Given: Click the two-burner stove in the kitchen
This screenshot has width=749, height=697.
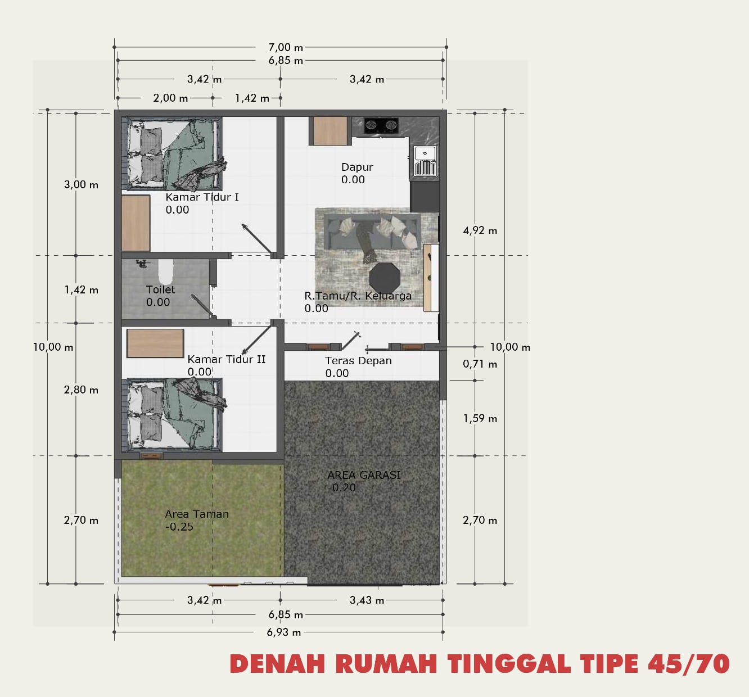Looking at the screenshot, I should pyautogui.click(x=381, y=124).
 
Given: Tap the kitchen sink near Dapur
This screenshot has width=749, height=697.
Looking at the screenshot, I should pyautogui.click(x=425, y=160).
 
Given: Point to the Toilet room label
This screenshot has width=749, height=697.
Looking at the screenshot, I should pyautogui.click(x=160, y=289).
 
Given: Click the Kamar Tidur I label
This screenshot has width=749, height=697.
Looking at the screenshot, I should pyautogui.click(x=202, y=197).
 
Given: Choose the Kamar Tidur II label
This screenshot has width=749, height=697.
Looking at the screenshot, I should pyautogui.click(x=226, y=359).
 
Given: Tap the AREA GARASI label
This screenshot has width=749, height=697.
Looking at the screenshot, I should pyautogui.click(x=364, y=475).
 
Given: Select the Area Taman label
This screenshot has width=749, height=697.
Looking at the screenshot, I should pyautogui.click(x=197, y=514).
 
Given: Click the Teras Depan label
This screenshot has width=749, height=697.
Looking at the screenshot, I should pyautogui.click(x=358, y=361).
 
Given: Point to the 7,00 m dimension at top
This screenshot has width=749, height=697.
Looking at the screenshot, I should pyautogui.click(x=286, y=47).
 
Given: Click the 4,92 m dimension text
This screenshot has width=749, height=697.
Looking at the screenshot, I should pyautogui.click(x=480, y=230).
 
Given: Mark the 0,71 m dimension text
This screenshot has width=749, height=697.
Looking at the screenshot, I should pyautogui.click(x=480, y=364).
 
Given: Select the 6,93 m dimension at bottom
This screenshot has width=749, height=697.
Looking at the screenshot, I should pyautogui.click(x=284, y=632).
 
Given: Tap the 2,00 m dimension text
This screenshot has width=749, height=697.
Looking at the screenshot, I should pyautogui.click(x=170, y=98).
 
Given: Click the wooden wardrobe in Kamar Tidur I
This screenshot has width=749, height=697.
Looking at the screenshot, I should pyautogui.click(x=136, y=223).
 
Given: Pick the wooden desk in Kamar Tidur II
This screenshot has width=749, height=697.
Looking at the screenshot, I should pyautogui.click(x=155, y=343).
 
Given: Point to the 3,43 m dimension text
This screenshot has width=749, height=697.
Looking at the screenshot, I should pyautogui.click(x=367, y=600).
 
